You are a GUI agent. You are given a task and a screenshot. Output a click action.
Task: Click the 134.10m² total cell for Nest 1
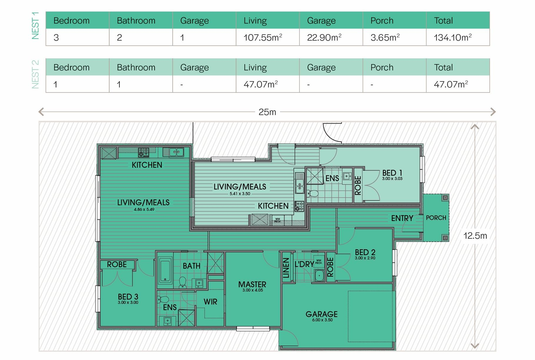coord(453,37)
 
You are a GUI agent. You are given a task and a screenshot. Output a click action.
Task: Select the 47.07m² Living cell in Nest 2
coord(261,84)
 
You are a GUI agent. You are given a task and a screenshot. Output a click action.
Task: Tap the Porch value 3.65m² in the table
coord(385,37)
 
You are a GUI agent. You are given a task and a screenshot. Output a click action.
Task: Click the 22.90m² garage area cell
coord(324,37)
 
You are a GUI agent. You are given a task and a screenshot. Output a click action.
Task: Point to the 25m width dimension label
coord(267,112)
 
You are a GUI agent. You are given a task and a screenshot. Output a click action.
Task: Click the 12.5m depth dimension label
coord(475,235)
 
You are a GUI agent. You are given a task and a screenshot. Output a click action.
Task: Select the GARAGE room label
coord(321,314)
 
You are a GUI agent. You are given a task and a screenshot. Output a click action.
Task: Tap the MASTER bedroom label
coord(252,284)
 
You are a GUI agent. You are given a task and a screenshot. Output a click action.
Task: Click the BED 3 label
coord(128,297)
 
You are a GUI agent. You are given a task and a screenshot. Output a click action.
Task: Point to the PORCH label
coord(436,218)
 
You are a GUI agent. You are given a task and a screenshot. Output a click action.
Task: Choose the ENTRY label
coord(402,218)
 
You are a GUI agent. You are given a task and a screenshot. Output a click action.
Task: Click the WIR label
coord(210,302)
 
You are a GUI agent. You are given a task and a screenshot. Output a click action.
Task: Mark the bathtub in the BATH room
coord(165,271)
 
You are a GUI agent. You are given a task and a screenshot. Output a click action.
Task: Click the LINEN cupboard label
coord(286,268)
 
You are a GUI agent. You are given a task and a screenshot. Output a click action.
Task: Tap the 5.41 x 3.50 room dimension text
coord(240,194)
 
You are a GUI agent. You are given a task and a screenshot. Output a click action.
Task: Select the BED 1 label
coord(392,173)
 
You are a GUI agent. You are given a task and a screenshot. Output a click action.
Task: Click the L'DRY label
coord(304,264)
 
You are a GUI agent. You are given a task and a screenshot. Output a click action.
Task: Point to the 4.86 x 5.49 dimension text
coord(144,210)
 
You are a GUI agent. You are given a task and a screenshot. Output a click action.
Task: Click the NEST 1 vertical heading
coord(35,26)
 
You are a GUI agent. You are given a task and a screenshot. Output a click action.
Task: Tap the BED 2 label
coord(365,252)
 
